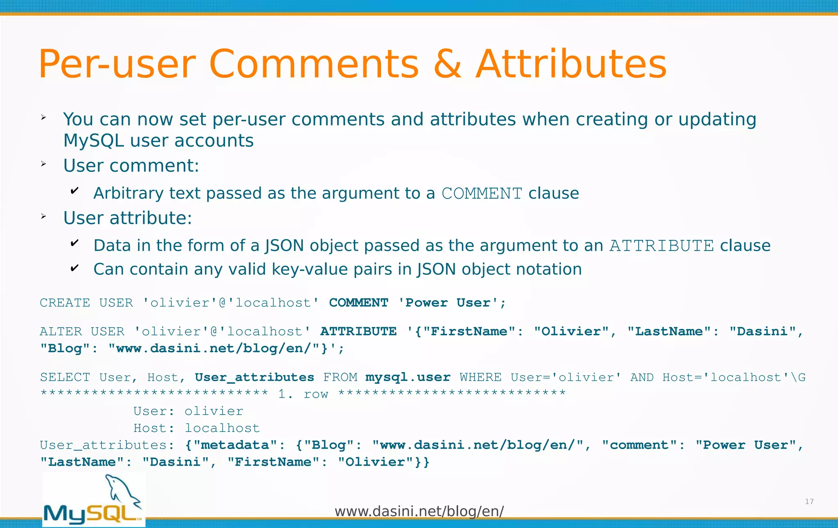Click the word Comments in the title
[x=314, y=64]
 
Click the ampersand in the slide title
[x=448, y=64]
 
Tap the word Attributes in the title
[x=571, y=64]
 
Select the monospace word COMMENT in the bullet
[x=482, y=193]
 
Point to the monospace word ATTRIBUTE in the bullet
[x=662, y=246]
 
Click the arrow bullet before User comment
[x=44, y=164]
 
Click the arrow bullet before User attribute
[x=44, y=217]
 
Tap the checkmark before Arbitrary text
[x=74, y=191]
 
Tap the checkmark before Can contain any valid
[x=74, y=268]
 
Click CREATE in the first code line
[x=65, y=303]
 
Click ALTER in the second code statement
[x=61, y=331]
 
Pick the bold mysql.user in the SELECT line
[x=408, y=377]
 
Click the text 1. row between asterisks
[x=303, y=394]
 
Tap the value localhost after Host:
[x=222, y=428]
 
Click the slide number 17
[x=809, y=501]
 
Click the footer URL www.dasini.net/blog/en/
[x=419, y=511]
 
